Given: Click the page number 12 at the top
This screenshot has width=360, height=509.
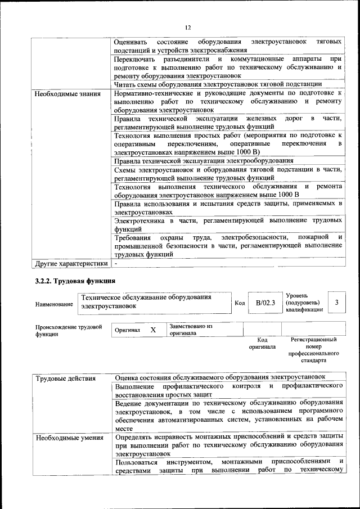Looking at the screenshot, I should tap(188, 27).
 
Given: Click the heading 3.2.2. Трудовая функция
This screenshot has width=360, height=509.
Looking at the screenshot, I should tap(75, 281).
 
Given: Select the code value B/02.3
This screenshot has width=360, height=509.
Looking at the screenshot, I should tap(265, 303).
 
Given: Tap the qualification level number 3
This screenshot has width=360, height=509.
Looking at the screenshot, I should tap(336, 303).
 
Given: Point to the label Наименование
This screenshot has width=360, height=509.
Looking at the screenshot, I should tap(54, 304).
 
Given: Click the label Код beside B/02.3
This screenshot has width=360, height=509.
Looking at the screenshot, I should tap(239, 303).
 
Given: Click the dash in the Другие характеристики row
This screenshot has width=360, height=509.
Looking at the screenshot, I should tap(116, 263).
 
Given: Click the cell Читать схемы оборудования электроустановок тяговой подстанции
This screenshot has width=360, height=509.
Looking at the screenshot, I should tap(217, 84).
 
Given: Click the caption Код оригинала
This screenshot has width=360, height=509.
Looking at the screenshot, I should tap(262, 344).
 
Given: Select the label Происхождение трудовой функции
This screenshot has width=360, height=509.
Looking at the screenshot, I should tap(68, 330).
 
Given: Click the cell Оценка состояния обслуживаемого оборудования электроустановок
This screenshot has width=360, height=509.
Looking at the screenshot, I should tap(220, 377).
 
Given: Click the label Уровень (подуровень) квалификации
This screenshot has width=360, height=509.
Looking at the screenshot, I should tap(304, 303).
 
